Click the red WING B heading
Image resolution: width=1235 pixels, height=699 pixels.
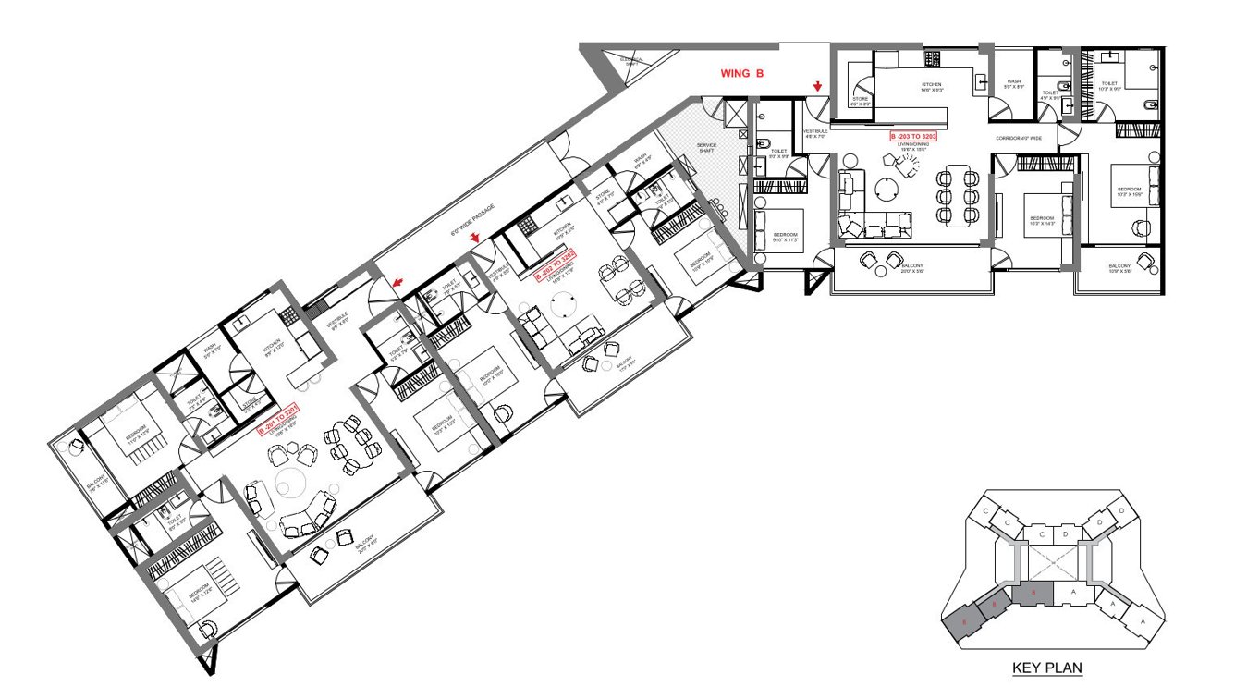tap(742, 72)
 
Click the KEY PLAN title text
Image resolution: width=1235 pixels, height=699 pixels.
tap(1046, 668)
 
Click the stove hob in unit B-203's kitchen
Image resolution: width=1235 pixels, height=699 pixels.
tap(932, 58)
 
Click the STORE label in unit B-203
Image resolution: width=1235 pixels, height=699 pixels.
tap(859, 101)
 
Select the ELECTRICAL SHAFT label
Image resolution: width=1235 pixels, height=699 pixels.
tap(632, 62)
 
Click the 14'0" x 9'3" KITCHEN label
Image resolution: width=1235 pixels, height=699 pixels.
tap(932, 87)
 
